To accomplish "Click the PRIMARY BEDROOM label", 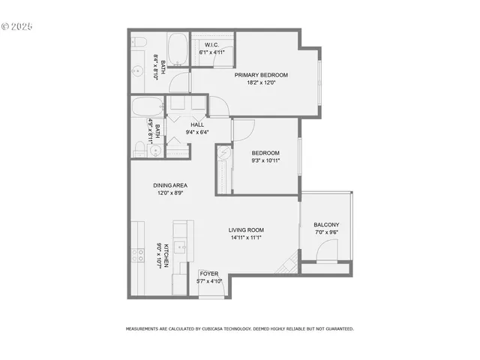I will tap(260, 75).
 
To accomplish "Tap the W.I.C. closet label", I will tap(211, 45).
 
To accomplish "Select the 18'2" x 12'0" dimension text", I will tap(260, 83).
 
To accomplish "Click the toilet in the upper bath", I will tap(139, 43).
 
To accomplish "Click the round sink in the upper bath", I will tap(139, 72).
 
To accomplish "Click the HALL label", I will tap(197, 124).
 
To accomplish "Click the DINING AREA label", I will tap(170, 185).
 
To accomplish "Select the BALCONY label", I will tap(326, 225).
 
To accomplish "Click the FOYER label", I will tap(208, 274).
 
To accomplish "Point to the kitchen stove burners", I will tap(138, 255).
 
